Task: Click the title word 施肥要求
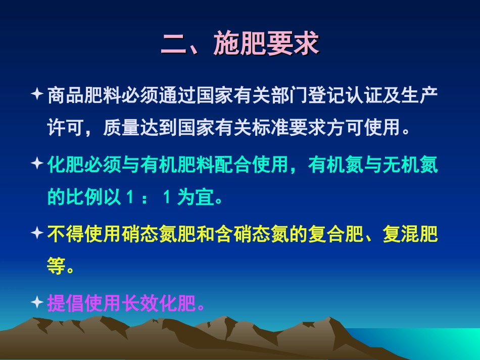click(x=267, y=44)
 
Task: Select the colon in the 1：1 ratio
click(x=144, y=198)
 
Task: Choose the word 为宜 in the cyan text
click(x=196, y=198)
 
